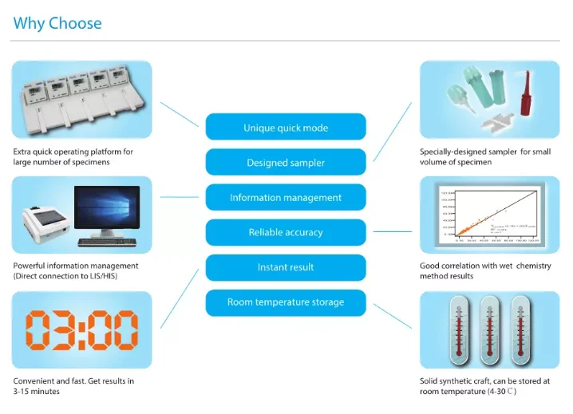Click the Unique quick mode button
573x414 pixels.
286,128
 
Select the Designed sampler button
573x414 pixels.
286,163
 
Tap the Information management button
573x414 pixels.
286,198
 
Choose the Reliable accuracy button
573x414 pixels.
286,232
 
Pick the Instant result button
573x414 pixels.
286,267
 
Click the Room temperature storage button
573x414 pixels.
286,302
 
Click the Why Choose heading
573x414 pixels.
57,23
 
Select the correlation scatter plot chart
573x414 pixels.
489,215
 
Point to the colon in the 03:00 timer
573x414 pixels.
81,329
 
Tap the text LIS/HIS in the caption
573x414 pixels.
101,276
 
